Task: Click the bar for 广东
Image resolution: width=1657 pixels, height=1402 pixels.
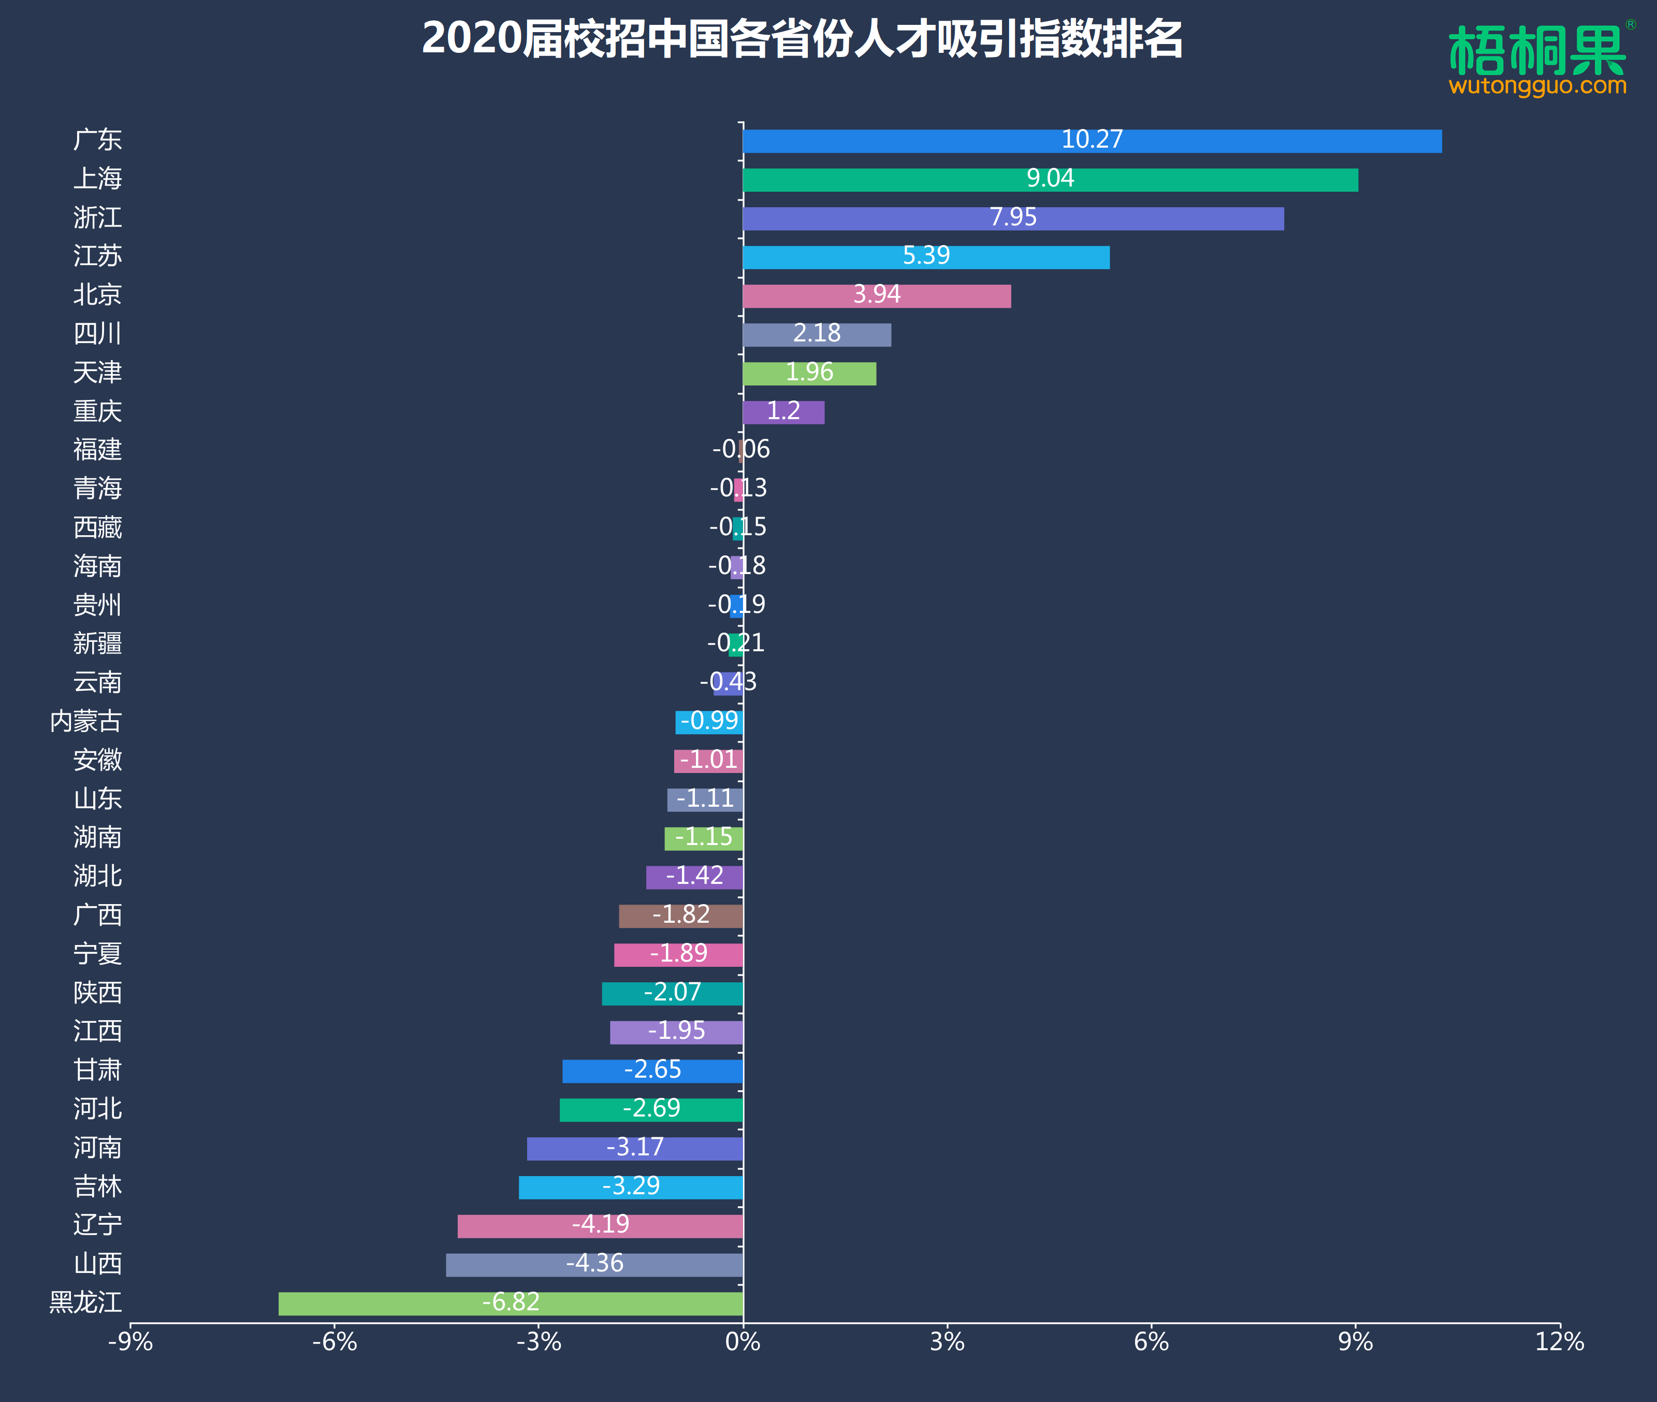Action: click(1092, 141)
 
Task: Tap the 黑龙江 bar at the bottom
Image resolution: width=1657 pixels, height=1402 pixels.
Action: click(510, 1304)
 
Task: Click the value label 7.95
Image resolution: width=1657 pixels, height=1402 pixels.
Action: click(1013, 217)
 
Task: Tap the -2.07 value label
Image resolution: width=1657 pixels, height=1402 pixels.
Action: click(672, 992)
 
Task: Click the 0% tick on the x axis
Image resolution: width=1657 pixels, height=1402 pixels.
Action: click(742, 1342)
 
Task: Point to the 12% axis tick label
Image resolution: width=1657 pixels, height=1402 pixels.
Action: click(1559, 1342)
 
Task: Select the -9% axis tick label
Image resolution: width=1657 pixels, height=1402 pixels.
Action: click(130, 1342)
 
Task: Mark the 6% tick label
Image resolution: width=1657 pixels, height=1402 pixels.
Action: click(1151, 1342)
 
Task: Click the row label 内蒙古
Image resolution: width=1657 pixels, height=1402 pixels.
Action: click(86, 721)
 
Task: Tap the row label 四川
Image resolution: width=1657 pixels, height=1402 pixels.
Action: click(98, 333)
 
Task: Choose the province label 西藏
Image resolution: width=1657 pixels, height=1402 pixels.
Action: click(98, 527)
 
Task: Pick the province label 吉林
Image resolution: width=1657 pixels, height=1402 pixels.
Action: click(98, 1186)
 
